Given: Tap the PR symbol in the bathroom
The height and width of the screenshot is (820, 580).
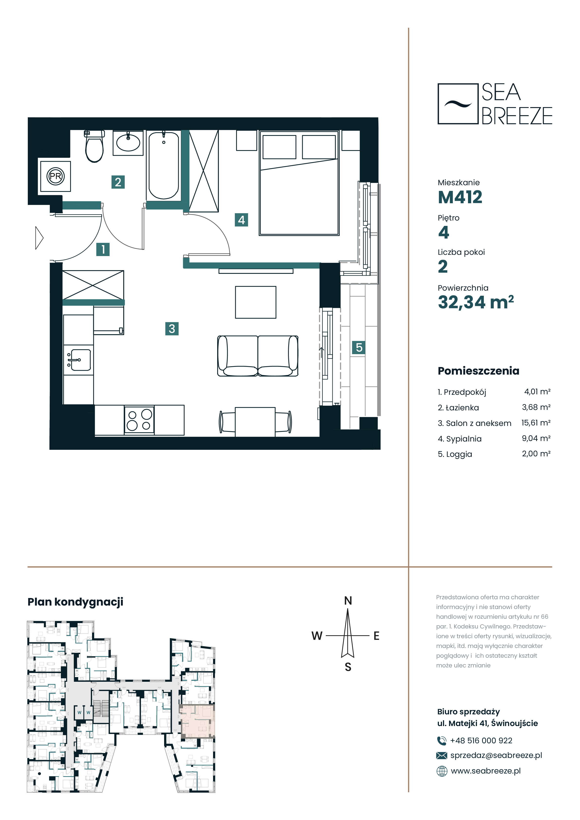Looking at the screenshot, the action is click(x=55, y=176).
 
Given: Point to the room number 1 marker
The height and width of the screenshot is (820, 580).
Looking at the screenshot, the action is click(x=103, y=249).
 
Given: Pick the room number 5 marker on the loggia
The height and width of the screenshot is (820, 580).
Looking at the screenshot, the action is click(x=359, y=348).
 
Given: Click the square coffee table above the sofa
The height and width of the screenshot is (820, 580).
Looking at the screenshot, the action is click(x=255, y=302).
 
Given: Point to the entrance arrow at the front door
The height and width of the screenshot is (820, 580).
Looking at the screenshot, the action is click(x=39, y=238).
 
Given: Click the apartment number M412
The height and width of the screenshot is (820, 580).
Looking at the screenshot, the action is click(x=460, y=197).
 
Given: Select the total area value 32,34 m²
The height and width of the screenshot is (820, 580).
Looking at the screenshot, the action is click(x=476, y=302).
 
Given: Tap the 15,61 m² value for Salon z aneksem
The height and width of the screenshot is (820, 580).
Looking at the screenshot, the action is click(x=536, y=423).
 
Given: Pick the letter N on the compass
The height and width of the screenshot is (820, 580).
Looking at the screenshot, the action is click(x=348, y=601).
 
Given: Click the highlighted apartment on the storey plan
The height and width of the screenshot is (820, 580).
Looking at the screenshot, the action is click(x=198, y=721).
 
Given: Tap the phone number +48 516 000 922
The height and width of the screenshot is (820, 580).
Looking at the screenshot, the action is click(x=481, y=741).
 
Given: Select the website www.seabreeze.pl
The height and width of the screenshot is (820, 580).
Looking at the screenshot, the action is click(x=486, y=771).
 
